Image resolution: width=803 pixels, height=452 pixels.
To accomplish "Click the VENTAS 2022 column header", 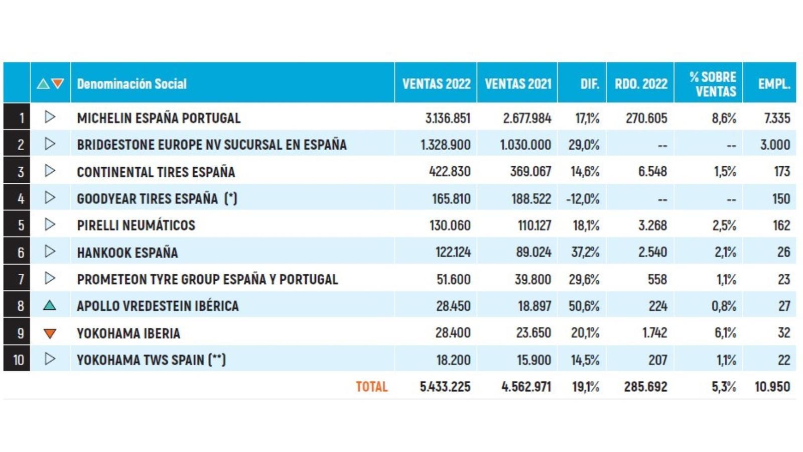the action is click(436, 84).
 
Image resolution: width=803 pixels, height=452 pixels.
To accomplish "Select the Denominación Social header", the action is click(131, 84).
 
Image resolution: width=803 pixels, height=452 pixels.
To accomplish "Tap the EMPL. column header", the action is click(774, 84).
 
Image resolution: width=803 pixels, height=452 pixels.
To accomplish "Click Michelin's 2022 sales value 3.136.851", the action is click(447, 118).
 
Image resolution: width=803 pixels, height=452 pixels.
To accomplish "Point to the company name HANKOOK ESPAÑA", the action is click(127, 253).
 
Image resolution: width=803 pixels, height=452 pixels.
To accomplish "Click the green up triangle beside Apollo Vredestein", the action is click(50, 305).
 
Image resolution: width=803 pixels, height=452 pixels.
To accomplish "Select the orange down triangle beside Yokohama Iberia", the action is click(50, 333).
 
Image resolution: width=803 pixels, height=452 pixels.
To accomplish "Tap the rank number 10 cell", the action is click(17, 359).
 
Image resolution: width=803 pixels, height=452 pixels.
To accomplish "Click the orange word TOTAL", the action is click(372, 387).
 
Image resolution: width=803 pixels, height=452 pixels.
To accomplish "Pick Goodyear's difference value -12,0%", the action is click(583, 199).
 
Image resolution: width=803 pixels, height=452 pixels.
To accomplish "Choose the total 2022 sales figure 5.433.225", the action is click(445, 387).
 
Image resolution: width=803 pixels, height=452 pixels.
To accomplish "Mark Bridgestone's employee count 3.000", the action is click(775, 145).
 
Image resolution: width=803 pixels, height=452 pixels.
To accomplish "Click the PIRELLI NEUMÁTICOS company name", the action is click(136, 225).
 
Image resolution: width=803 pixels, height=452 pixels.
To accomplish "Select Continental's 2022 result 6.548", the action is click(652, 171).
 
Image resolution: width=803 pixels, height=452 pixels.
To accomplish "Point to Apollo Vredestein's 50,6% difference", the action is click(584, 306).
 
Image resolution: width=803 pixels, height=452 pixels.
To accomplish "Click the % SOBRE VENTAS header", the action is click(713, 84).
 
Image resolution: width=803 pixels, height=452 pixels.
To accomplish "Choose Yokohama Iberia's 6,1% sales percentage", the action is click(725, 333).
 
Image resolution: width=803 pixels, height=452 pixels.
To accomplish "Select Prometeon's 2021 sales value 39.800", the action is click(532, 279).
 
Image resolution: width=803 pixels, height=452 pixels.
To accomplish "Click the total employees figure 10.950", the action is click(772, 387).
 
